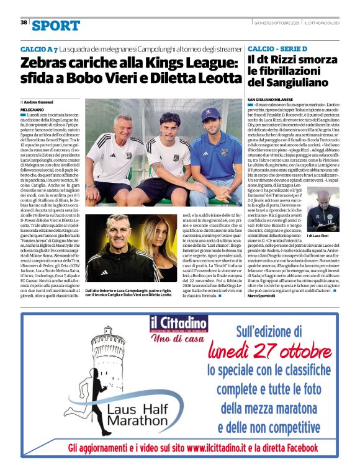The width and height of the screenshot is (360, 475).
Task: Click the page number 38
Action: pyautogui.click(x=24, y=22)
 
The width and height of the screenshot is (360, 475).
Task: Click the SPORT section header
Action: pyautogui.click(x=56, y=25)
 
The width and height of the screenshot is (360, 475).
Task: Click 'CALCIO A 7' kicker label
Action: pyautogui.click(x=38, y=48)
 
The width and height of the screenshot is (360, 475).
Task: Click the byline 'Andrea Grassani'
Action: pyautogui.click(x=40, y=101)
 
